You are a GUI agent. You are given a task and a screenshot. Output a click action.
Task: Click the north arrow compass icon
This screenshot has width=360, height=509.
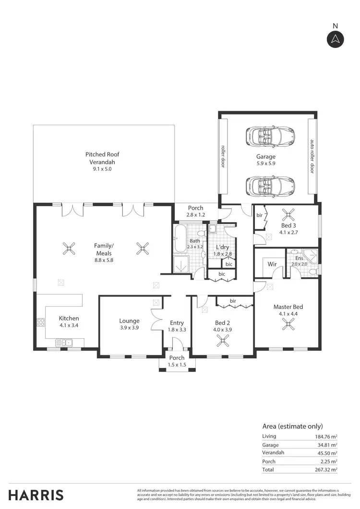336,39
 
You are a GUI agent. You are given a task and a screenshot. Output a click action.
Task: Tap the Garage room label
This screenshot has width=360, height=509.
265,157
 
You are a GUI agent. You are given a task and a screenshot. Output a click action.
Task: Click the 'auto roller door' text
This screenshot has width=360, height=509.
312,156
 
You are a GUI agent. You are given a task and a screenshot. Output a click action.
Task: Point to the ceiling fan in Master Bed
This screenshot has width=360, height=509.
288,325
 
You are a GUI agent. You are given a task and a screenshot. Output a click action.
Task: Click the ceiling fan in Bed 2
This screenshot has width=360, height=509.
222,341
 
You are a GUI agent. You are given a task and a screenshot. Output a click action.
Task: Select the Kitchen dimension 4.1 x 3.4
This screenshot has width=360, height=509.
69,325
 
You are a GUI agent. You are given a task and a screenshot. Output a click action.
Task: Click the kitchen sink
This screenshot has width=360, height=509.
64,342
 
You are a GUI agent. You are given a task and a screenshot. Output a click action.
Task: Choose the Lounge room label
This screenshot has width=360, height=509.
130,321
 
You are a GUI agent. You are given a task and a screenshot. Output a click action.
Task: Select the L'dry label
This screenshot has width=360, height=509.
222,247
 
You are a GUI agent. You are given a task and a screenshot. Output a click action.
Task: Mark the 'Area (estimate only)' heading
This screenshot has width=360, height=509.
292,426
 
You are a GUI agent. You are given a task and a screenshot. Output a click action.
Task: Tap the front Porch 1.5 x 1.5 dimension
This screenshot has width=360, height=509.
177,365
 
